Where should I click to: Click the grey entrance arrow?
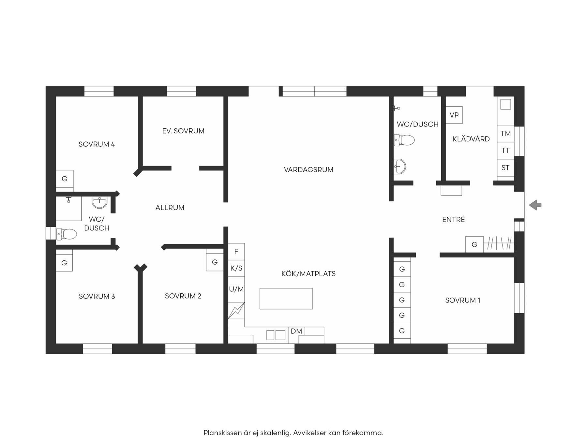click(535, 205)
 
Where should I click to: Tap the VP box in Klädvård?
click(454, 115)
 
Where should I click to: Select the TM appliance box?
click(505, 133)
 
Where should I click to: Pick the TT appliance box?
click(505, 151)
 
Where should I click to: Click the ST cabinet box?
click(505, 168)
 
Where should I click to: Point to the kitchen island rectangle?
click(286, 299)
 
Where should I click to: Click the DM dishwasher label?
click(296, 331)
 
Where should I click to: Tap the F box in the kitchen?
click(236, 252)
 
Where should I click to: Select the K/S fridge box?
click(236, 268)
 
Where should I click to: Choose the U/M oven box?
click(236, 289)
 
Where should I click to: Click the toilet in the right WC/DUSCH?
click(404, 140)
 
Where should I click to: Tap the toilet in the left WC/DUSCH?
click(67, 234)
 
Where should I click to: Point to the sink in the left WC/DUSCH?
click(99, 202)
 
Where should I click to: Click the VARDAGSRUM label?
click(309, 169)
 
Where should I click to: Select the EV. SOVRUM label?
click(183, 131)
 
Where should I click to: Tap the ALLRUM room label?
click(170, 208)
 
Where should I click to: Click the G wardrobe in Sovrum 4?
click(65, 179)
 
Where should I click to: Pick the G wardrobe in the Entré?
click(474, 244)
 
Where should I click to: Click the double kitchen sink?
click(276, 335)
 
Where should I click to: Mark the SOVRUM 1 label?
click(463, 300)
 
